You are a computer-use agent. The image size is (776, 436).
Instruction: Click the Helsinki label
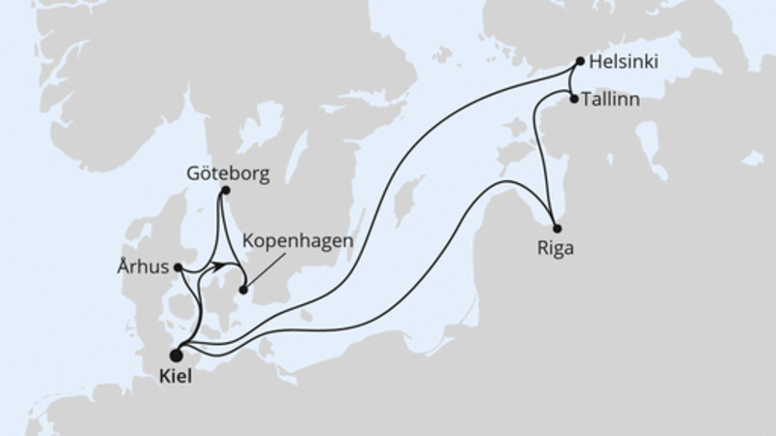point(624,62)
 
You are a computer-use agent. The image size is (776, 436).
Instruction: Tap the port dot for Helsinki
point(580,62)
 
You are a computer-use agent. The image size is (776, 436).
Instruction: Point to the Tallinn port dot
point(574,99)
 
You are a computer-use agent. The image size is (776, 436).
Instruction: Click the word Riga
point(555,247)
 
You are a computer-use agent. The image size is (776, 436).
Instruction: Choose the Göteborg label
point(225,174)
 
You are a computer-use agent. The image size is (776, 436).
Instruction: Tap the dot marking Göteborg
point(225,191)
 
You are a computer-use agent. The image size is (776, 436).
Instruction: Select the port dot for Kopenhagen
point(242,289)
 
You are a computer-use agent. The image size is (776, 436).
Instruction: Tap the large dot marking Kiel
point(176,355)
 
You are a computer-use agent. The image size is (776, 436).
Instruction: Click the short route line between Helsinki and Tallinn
point(577,80)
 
